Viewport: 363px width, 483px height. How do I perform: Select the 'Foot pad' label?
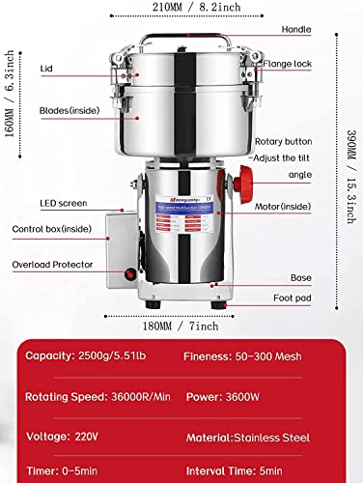click(291, 299)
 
